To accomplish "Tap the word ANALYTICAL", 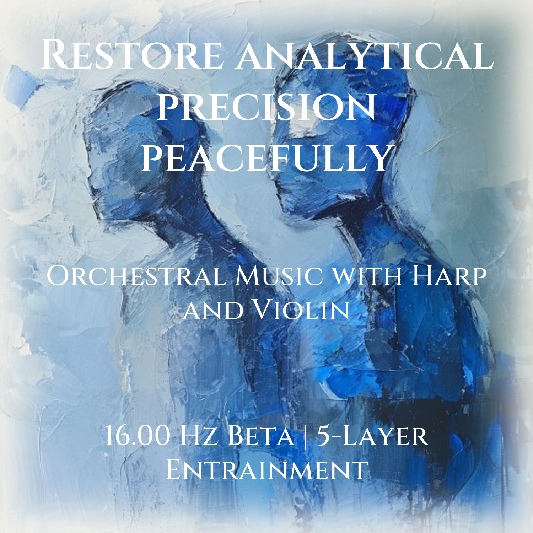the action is [365, 55].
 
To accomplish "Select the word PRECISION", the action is [266, 107].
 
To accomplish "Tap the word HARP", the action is [449, 275].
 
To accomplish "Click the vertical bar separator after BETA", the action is [306, 436].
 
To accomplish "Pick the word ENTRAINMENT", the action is [266, 469].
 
